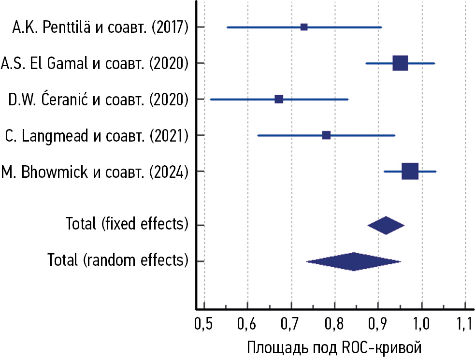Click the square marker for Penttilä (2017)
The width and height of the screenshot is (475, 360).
pos(304,27)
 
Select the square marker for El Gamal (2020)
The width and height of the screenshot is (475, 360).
pos(400,63)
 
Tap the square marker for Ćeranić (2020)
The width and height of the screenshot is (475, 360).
pos(279,99)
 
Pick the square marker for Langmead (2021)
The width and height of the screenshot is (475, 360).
pos(326,135)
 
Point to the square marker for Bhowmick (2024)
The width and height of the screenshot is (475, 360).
pos(410,171)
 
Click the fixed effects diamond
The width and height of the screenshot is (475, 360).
pos(386,225)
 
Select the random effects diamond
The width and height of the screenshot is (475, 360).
pos(354,261)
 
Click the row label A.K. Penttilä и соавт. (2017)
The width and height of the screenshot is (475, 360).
pos(100,28)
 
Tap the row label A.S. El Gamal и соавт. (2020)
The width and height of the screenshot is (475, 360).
pos(95,63)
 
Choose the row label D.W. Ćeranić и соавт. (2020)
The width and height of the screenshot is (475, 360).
pos(98,100)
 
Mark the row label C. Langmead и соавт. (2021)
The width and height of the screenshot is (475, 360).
pos(97,135)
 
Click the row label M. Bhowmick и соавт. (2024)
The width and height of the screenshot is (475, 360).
pos(95,172)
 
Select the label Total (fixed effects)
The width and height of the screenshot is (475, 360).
pos(127,225)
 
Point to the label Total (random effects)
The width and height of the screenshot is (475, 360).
pos(118,261)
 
